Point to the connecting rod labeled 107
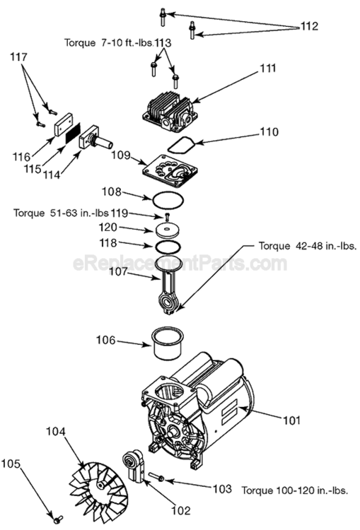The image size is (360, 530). (x=168, y=288)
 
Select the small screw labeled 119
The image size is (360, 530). (x=167, y=217)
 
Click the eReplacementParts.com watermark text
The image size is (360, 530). (x=180, y=265)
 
